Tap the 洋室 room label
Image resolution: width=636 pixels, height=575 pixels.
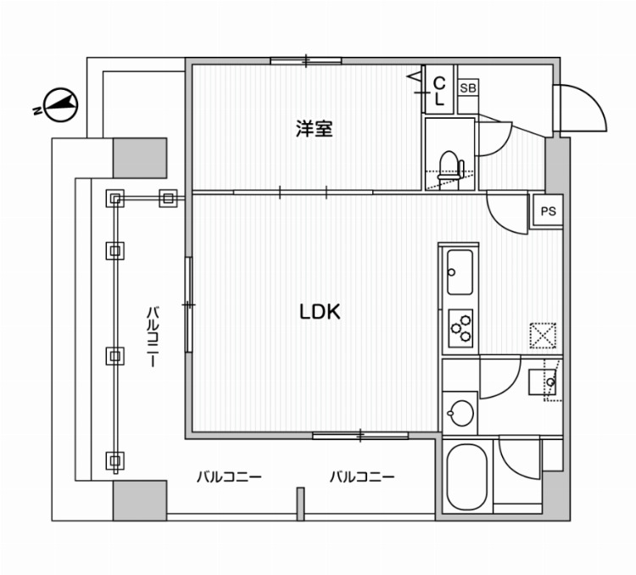tap(314, 129)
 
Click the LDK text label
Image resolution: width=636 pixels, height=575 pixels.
tap(319, 312)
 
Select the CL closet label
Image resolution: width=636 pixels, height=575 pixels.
tap(439, 91)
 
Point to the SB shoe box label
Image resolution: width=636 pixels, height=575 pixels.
tap(467, 88)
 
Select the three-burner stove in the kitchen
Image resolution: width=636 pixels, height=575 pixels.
tap(460, 327)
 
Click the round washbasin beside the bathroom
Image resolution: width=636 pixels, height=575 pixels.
tap(459, 415)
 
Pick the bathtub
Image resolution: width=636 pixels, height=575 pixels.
tap(466, 477)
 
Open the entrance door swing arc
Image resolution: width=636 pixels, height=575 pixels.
tap(583, 109)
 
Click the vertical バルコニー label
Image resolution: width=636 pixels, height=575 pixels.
tap(153, 336)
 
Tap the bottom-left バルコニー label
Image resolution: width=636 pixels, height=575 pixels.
tap(229, 477)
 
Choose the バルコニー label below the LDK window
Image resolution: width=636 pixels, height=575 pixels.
tap(362, 477)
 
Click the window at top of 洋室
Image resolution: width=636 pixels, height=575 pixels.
tap(306, 60)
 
